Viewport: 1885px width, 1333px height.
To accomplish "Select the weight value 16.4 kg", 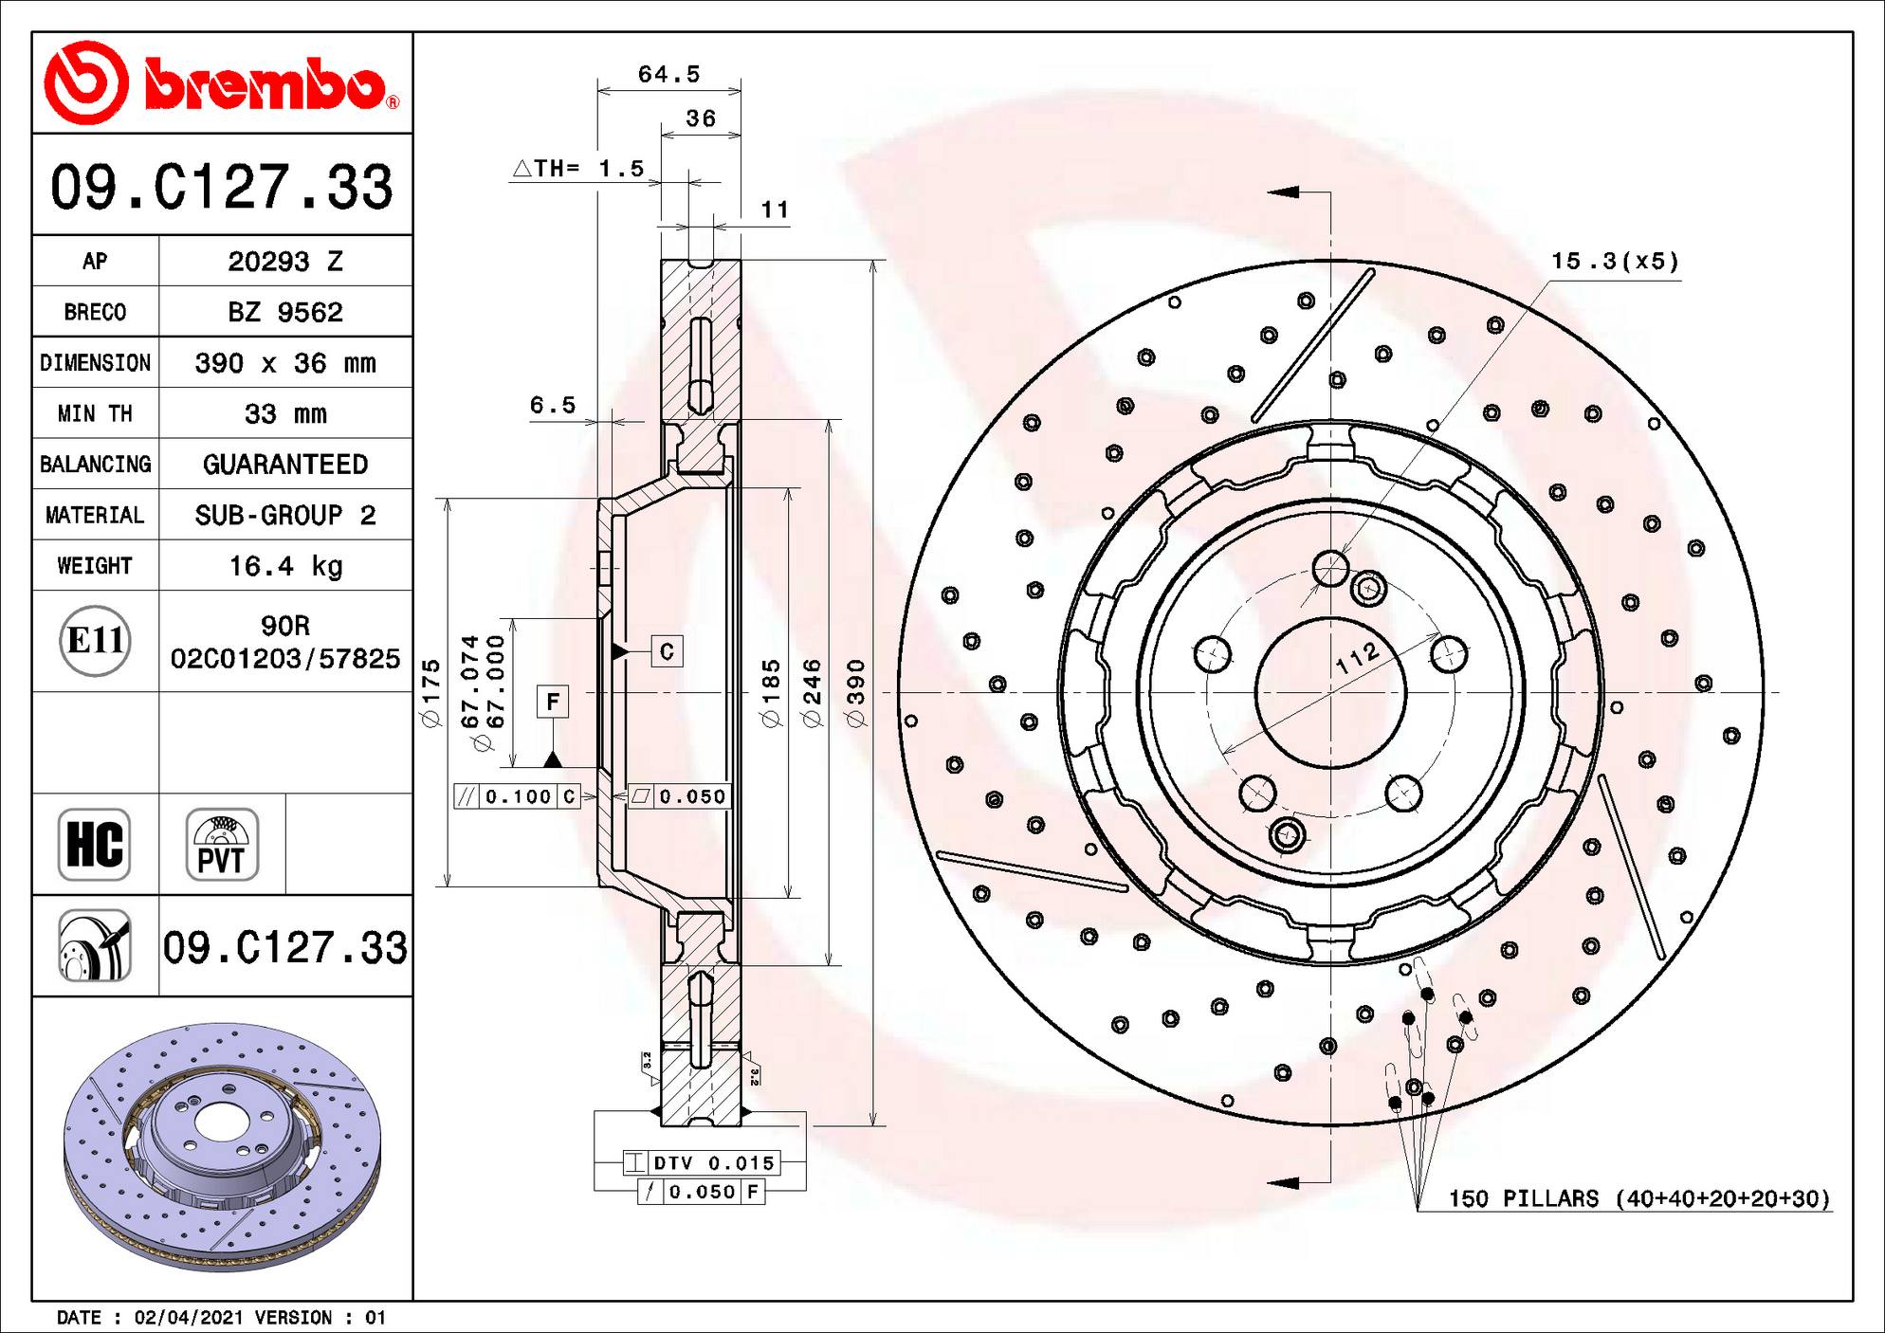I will [285, 566].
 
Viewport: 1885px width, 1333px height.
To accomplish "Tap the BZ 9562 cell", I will [285, 312].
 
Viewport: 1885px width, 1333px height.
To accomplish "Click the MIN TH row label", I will [95, 413].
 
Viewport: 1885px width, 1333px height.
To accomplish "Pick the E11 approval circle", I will [95, 641].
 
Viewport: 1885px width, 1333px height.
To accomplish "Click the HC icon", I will [94, 844].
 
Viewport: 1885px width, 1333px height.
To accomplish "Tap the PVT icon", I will [222, 844].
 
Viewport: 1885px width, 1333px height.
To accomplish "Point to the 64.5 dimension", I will [668, 74].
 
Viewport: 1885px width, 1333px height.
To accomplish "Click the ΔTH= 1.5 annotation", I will [579, 169].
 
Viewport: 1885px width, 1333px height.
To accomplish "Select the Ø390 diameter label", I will [856, 692].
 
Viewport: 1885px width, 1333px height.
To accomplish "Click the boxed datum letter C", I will [667, 651].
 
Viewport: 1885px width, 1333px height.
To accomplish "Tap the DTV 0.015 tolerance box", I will [702, 1162].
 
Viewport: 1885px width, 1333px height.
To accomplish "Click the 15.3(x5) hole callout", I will [1614, 261].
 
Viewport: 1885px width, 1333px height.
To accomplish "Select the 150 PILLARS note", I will [1638, 1198].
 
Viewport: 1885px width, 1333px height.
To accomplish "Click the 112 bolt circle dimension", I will [1357, 657].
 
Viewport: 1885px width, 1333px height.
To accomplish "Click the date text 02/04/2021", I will [189, 1317].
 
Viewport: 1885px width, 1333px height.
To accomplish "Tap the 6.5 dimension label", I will [553, 406].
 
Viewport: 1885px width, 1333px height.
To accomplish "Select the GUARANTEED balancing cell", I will [285, 465].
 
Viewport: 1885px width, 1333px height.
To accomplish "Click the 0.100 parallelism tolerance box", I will [518, 796].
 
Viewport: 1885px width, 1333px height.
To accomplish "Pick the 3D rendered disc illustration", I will [222, 1147].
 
